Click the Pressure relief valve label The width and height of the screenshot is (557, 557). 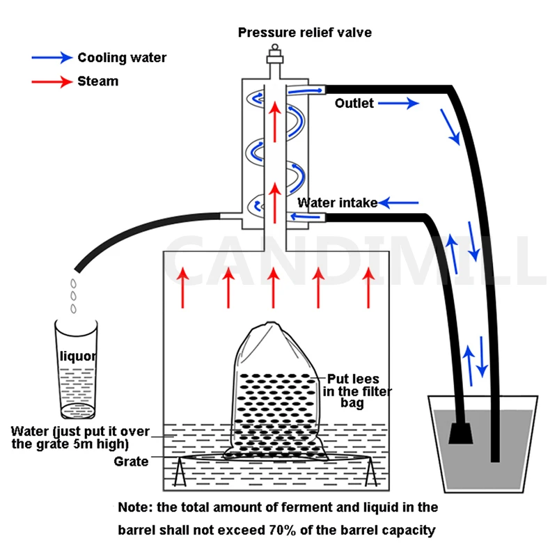[x=305, y=33]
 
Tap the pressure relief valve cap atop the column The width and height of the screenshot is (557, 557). [x=275, y=54]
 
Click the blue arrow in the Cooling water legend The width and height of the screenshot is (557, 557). [x=52, y=57]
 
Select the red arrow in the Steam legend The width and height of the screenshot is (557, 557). [x=52, y=81]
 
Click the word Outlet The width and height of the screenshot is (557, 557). [x=354, y=103]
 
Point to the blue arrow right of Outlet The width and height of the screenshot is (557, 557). [x=398, y=103]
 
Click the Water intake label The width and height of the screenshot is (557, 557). [x=338, y=203]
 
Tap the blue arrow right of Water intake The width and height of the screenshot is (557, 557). [x=398, y=203]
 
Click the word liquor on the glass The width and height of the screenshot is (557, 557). [x=78, y=356]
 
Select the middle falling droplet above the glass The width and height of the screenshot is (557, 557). [x=74, y=296]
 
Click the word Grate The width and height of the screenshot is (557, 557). [x=131, y=462]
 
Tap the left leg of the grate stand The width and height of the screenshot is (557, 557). [x=180, y=472]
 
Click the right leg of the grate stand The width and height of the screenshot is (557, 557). [x=371, y=472]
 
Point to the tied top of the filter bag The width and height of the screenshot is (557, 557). [x=271, y=325]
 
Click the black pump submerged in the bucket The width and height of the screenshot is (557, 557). [x=461, y=433]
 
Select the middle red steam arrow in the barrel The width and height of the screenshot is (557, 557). [x=273, y=288]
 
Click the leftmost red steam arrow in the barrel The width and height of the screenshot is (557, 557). [x=183, y=288]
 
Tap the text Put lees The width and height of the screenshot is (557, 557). [x=353, y=379]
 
